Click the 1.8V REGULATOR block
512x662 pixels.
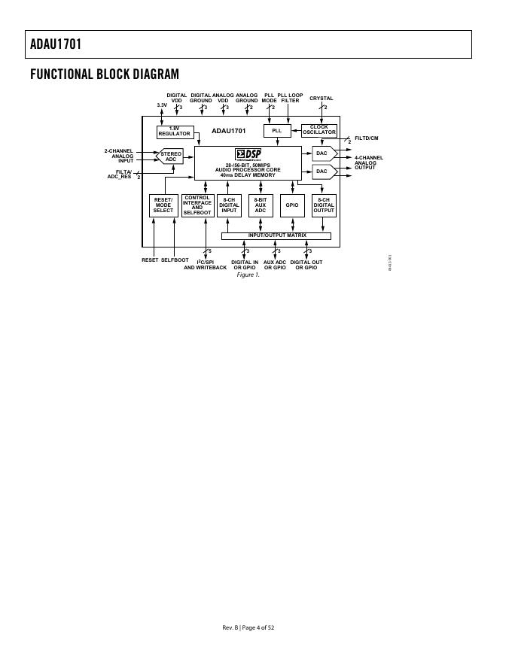coord(175,132)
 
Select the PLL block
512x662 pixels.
coord(276,131)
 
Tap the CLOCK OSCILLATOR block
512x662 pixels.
coord(318,130)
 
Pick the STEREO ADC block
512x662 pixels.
coord(170,156)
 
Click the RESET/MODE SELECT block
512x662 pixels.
coord(163,205)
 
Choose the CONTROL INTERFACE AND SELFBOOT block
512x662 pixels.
coord(197,205)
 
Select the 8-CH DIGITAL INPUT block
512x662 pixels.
coord(229,205)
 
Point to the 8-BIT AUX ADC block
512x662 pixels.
coord(261,205)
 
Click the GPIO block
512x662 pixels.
coord(291,205)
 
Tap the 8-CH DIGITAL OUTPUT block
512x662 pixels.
coord(324,205)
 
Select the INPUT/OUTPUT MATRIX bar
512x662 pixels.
coord(276,236)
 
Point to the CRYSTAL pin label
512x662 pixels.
coord(321,99)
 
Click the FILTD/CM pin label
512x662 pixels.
coord(366,138)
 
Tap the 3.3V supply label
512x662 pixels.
coord(162,105)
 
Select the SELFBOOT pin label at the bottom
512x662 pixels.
coord(175,260)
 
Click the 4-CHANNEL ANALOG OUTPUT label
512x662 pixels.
coord(369,162)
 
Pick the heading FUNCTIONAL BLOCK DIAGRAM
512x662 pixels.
coord(105,74)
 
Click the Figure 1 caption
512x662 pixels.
coord(248,275)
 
